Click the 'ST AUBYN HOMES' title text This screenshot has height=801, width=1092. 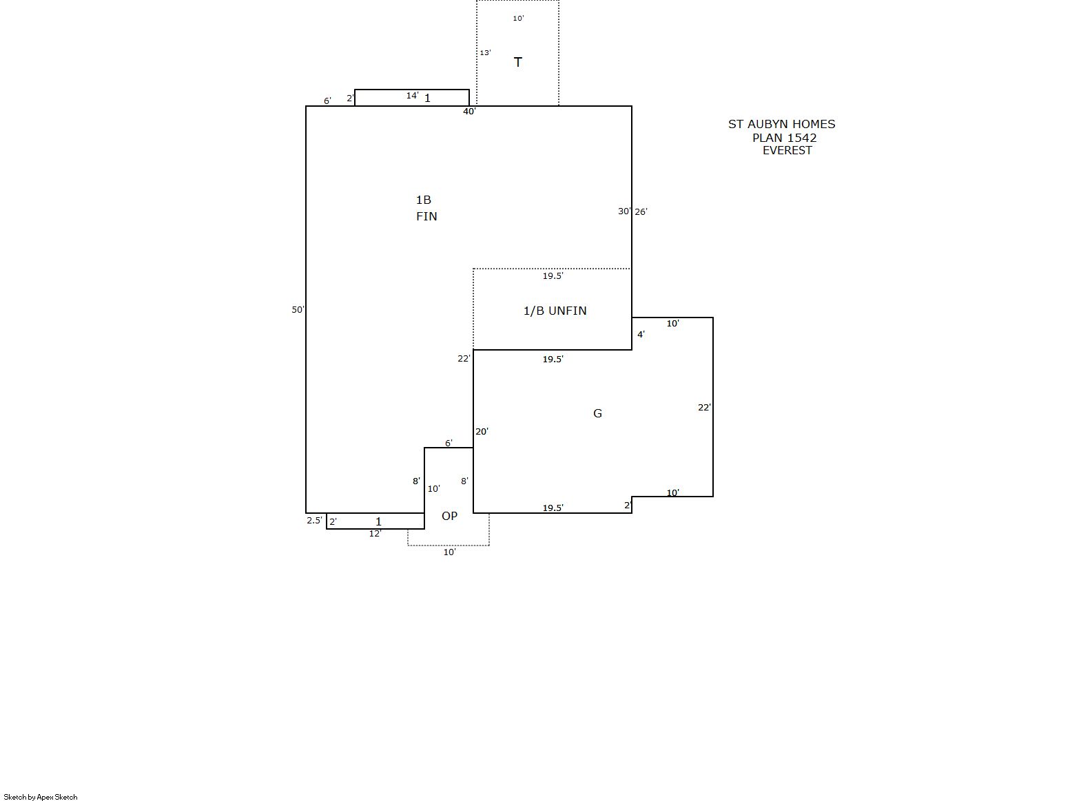tap(781, 124)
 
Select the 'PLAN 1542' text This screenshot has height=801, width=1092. tap(785, 138)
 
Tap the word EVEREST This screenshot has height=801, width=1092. tap(787, 151)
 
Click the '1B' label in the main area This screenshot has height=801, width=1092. tap(423, 200)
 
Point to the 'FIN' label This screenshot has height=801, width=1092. tap(426, 216)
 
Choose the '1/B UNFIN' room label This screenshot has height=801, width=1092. tap(555, 311)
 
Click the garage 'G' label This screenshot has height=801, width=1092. tap(598, 414)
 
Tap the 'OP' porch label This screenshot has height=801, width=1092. tap(449, 516)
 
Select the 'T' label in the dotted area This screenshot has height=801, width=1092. tap(517, 63)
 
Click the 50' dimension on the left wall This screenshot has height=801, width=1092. tap(298, 310)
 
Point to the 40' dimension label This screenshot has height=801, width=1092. tap(469, 112)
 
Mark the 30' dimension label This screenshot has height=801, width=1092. tap(624, 211)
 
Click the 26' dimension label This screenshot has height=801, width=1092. tap(641, 212)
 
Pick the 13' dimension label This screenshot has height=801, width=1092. tap(485, 52)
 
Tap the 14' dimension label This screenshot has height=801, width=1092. tap(413, 96)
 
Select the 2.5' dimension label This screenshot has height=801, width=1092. tap(314, 521)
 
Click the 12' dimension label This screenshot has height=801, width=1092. tap(375, 534)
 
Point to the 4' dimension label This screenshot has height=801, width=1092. tap(641, 334)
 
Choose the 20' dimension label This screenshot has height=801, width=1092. tap(482, 432)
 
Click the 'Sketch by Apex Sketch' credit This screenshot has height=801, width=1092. tap(41, 797)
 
